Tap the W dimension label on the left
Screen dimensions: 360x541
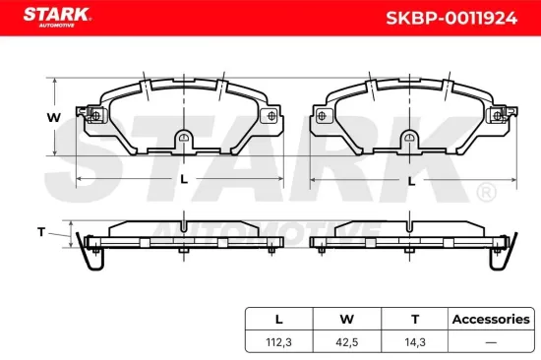point(55,118)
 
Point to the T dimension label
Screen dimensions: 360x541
point(40,232)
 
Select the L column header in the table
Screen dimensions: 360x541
point(279,319)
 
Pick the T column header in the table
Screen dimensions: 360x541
point(414,319)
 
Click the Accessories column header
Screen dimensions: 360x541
point(490,319)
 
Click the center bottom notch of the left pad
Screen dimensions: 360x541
point(184,141)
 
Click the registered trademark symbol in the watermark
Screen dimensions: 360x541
point(485,192)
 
